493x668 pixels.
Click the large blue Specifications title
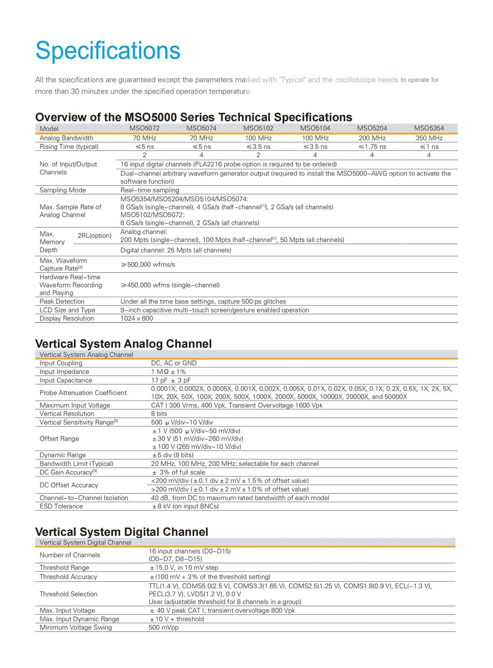click(x=108, y=50)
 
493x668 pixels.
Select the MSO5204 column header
click(x=372, y=128)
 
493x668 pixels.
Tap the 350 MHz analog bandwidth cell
click(x=428, y=138)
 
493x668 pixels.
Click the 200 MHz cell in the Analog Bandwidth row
click(x=372, y=138)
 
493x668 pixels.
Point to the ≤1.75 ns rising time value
click(x=372, y=147)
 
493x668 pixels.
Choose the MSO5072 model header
click(x=144, y=128)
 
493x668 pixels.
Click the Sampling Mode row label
click(x=63, y=190)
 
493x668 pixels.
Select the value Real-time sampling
click(x=150, y=190)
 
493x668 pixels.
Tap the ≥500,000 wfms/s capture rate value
click(x=148, y=265)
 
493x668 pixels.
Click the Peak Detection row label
click(x=62, y=302)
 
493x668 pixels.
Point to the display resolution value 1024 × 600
click(x=137, y=318)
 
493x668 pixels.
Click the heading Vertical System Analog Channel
click(x=123, y=343)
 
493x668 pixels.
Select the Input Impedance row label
click(x=64, y=372)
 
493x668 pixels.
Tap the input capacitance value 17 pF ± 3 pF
click(x=171, y=380)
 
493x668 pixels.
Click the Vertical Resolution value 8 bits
click(x=159, y=414)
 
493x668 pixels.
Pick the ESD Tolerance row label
click(x=61, y=506)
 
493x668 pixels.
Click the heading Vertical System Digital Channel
click(x=121, y=531)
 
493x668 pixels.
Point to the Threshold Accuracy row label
click(x=68, y=577)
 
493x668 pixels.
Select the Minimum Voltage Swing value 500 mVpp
click(x=164, y=628)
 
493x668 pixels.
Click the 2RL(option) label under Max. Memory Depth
click(x=94, y=236)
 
